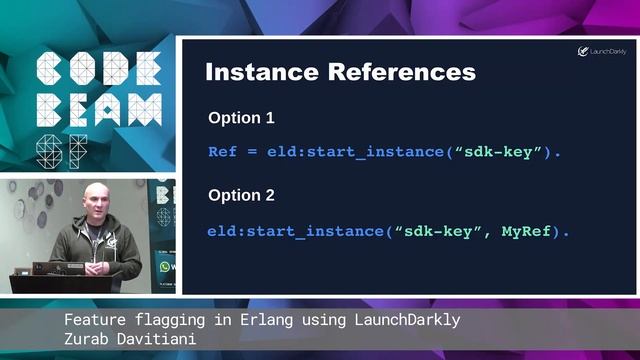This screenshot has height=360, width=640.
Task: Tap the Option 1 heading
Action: (241, 118)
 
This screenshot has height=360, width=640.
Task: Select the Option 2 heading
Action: (241, 195)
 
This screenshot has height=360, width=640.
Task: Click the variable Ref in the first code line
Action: (222, 152)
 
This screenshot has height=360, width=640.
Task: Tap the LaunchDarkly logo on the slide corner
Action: (602, 51)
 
